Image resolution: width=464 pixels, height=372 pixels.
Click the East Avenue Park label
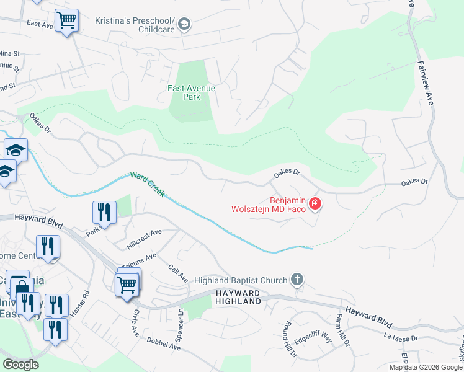tap(191, 92)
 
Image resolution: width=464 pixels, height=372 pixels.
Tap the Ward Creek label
tap(147, 185)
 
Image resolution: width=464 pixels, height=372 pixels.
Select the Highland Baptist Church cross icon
tap(297, 280)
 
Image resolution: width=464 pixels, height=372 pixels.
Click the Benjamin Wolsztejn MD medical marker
tap(315, 203)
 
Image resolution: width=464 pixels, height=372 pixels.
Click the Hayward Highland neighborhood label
tap(238, 297)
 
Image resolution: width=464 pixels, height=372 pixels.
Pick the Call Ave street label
tap(178, 273)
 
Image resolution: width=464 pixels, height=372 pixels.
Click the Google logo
tap(20, 365)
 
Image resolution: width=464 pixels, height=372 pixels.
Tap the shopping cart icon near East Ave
tap(66, 20)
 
